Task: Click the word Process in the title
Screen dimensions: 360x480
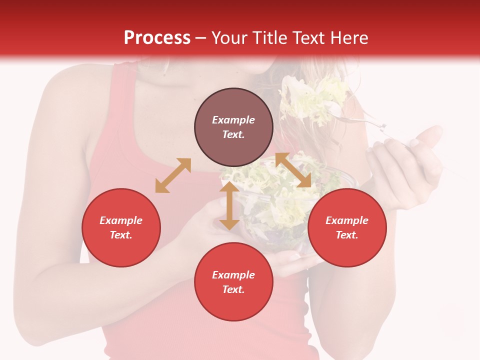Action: click(x=157, y=38)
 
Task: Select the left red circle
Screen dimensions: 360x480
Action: click(x=121, y=227)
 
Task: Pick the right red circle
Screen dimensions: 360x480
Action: click(x=347, y=227)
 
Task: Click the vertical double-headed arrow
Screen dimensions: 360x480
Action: click(x=229, y=206)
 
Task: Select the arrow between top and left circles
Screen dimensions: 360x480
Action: click(x=173, y=175)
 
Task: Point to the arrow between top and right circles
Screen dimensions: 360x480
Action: click(x=293, y=170)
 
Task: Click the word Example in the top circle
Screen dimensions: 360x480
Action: click(x=233, y=120)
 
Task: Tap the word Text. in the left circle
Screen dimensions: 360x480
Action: click(x=121, y=235)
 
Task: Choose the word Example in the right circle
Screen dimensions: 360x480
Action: click(x=347, y=220)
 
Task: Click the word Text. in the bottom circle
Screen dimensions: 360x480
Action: click(x=233, y=289)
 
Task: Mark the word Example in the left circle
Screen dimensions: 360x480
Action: click(x=121, y=220)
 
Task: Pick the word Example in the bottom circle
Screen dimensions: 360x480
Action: click(x=233, y=275)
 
